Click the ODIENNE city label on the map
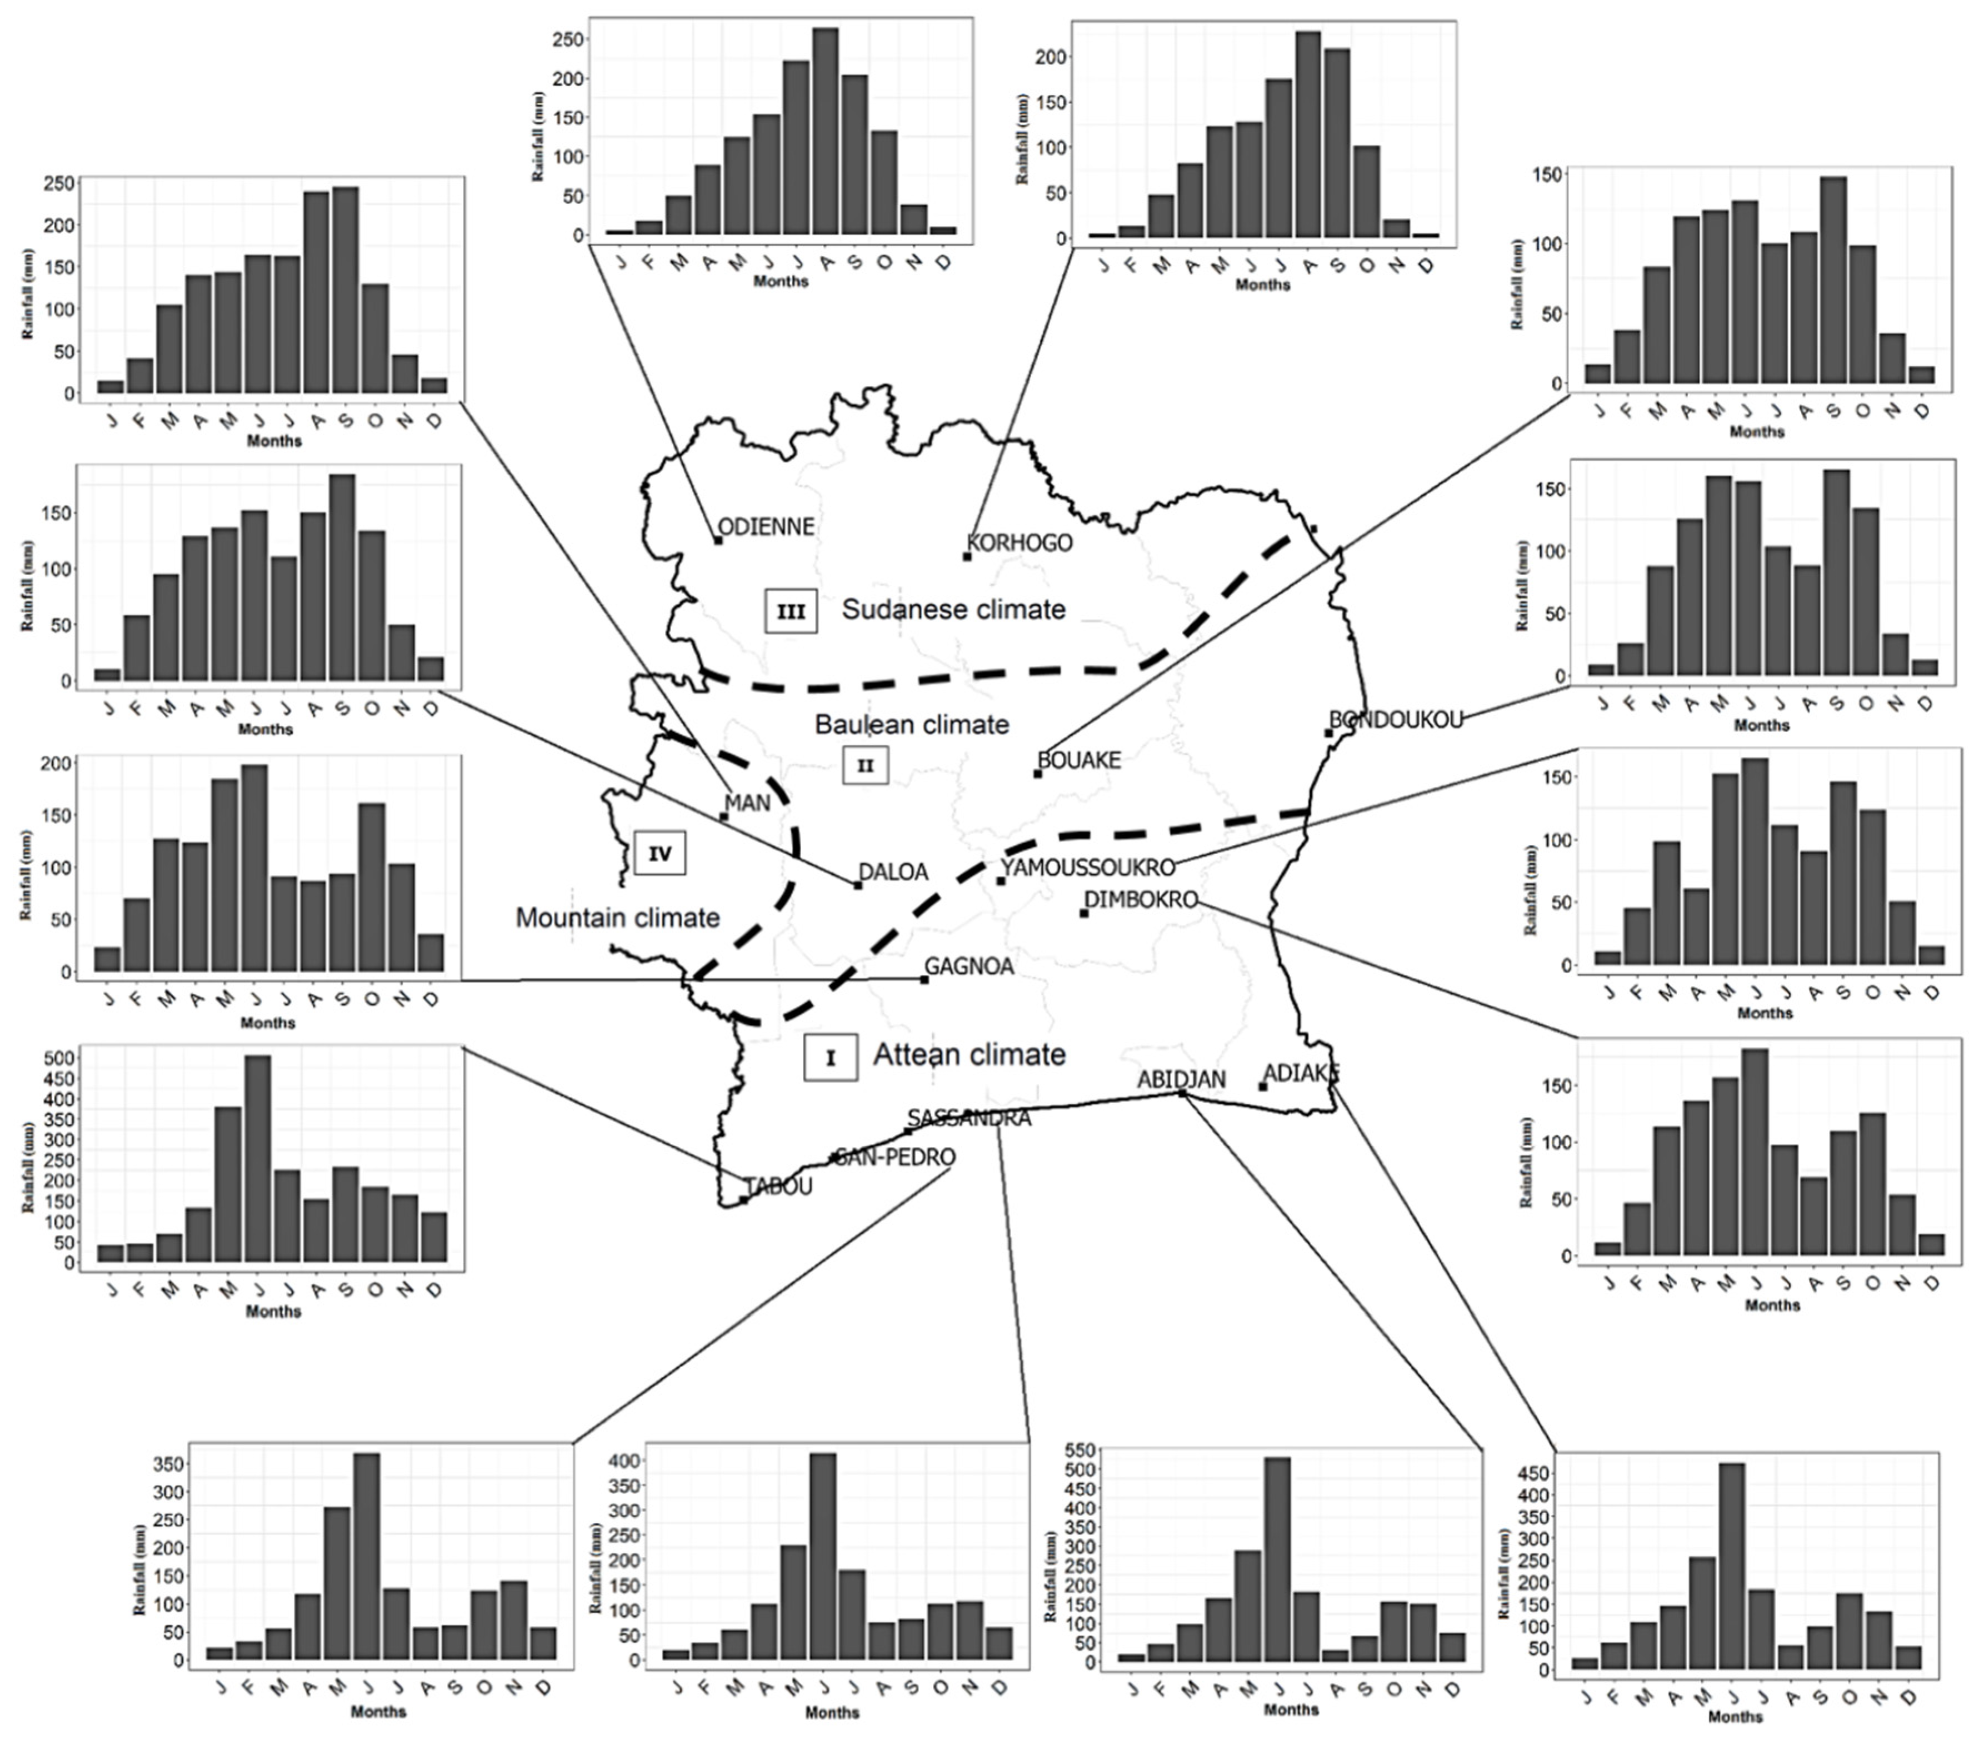pyautogui.click(x=767, y=527)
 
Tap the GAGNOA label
pyautogui.click(x=969, y=966)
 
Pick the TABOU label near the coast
pyautogui.click(x=778, y=1186)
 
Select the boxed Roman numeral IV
pyautogui.click(x=660, y=854)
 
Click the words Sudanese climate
pyautogui.click(x=954, y=610)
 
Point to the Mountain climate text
pyautogui.click(x=617, y=917)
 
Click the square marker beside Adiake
pyautogui.click(x=1262, y=1087)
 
